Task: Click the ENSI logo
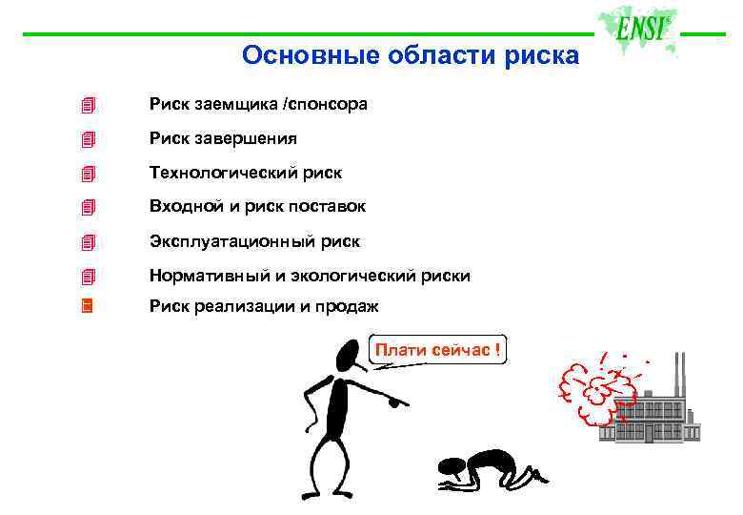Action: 640,29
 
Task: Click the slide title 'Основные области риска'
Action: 410,55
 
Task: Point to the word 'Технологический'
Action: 211,173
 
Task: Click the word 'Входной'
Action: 179,207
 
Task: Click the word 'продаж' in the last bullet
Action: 350,306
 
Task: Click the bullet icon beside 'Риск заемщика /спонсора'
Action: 88,104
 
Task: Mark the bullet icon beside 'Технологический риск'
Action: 88,174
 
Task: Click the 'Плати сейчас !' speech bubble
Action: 437,350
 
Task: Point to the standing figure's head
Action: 349,357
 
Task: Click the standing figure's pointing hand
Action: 398,402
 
